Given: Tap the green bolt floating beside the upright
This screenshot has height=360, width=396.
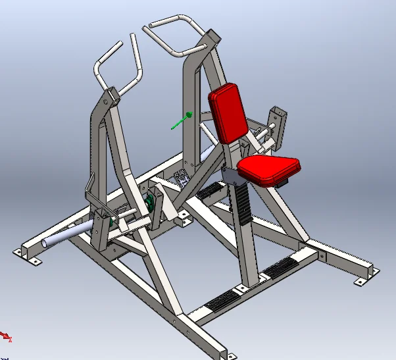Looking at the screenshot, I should pos(180,121).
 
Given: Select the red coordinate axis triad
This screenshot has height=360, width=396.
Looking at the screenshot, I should pos(6,336).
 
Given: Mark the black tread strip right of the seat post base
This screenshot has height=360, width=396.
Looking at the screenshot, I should pos(280,266).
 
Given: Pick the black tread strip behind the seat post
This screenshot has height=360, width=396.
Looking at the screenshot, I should pos(210,191).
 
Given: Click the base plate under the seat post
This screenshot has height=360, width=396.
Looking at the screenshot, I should pos(247,284).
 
